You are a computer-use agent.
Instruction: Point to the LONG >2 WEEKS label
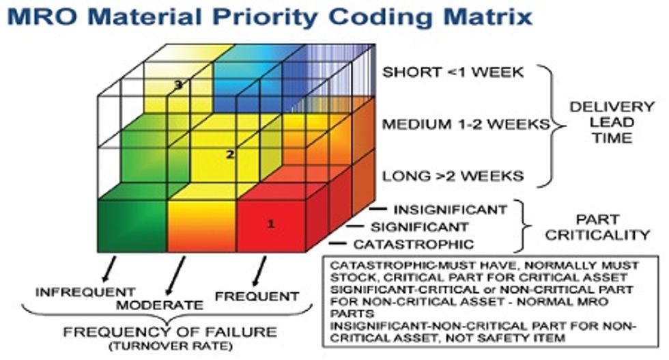(453, 177)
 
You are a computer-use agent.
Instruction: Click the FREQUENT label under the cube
(257, 296)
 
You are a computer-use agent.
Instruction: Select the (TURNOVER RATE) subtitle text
(170, 346)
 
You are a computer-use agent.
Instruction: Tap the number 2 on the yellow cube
(230, 155)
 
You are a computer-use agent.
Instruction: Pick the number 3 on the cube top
(177, 85)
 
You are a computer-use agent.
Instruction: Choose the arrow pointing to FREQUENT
(257, 271)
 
